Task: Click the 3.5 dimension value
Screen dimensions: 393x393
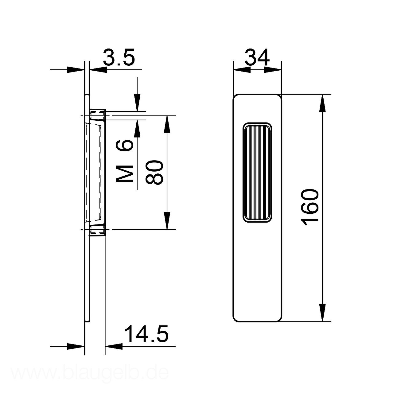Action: tap(119, 57)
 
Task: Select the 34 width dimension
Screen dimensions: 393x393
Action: tap(257, 57)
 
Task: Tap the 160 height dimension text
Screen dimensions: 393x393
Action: tap(310, 208)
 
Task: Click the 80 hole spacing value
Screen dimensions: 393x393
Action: tap(154, 172)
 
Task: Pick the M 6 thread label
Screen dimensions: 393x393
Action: tap(125, 161)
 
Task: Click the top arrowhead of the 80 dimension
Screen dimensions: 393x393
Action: tap(167, 124)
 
